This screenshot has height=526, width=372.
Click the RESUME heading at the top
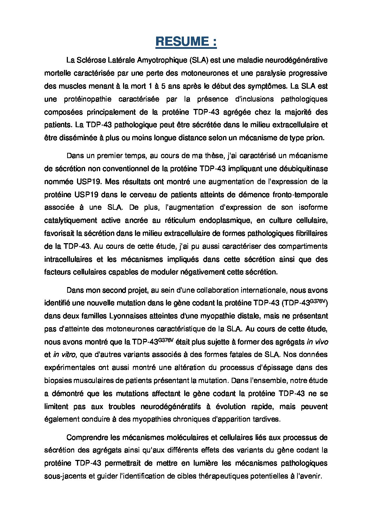[186, 42]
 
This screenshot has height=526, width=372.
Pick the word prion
[315, 138]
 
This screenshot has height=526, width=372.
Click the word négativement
[204, 272]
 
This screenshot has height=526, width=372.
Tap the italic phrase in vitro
[64, 355]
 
